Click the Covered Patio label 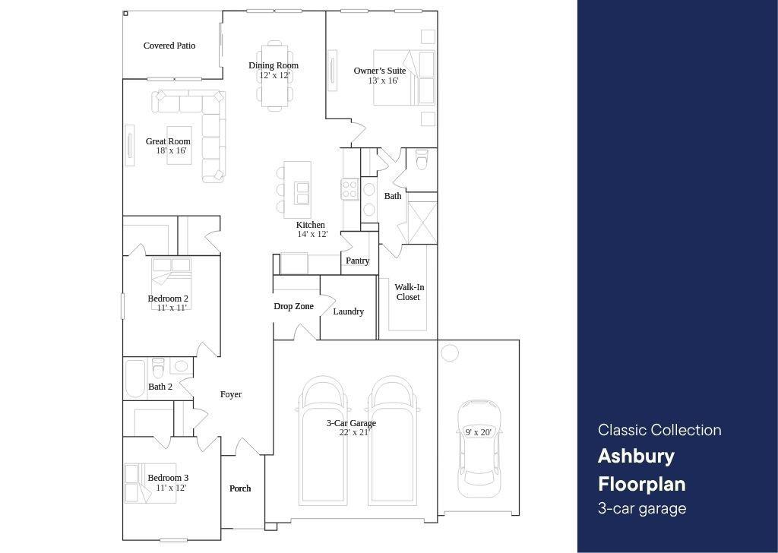click(169, 46)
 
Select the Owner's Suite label click(380, 71)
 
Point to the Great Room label click(168, 141)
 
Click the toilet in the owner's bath click(421, 160)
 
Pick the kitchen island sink click(302, 193)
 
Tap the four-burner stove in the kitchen click(349, 189)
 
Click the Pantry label click(357, 261)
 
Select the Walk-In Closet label click(409, 292)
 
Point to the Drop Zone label click(294, 307)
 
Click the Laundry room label click(348, 311)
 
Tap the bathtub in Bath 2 click(134, 379)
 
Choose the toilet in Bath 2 click(158, 368)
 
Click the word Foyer click(231, 394)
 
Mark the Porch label click(240, 488)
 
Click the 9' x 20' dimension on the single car click(479, 432)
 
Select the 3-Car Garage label click(351, 423)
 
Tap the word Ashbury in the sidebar click(636, 457)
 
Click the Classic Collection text click(659, 430)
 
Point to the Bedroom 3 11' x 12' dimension click(171, 488)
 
